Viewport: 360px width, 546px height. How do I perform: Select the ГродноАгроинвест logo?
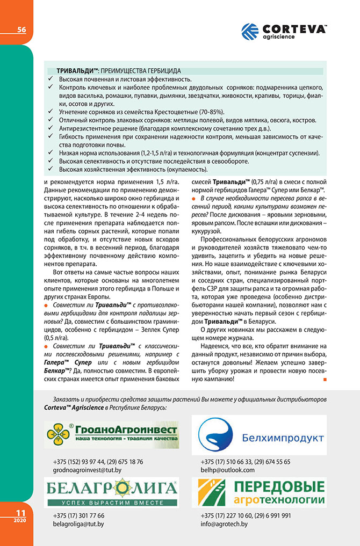point(111,435)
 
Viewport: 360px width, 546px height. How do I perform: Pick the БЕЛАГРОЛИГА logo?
point(111,492)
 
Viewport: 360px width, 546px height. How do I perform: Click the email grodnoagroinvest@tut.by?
point(87,470)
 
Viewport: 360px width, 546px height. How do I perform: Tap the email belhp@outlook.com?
point(227,470)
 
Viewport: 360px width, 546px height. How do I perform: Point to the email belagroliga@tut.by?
point(78,523)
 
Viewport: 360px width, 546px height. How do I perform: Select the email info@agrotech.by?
point(222,523)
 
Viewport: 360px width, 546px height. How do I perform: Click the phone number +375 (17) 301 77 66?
point(78,515)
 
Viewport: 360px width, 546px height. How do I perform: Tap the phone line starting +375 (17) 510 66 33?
point(245,462)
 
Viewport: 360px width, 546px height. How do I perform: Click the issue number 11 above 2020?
point(20,513)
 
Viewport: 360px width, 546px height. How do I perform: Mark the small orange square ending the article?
point(325,380)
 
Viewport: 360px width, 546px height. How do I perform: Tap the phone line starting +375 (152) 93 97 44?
point(98,462)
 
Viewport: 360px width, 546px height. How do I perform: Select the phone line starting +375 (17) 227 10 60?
point(246,515)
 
